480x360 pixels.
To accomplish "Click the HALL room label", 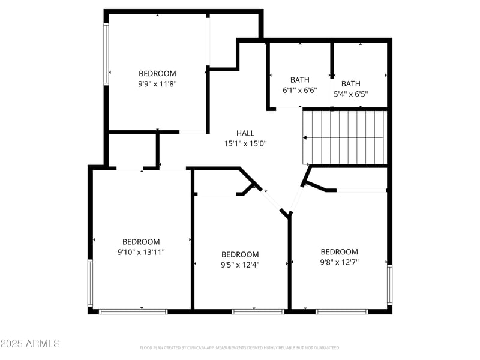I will point(245,133).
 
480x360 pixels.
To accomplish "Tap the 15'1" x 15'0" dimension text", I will point(245,143).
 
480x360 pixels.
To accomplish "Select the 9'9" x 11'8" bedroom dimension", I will point(157,84).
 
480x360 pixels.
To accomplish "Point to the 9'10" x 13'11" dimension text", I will point(141,252).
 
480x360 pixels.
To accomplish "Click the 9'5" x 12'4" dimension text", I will point(240,265).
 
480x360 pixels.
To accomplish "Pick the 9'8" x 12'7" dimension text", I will point(339,262).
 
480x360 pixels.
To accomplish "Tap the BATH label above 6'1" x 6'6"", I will point(300,80).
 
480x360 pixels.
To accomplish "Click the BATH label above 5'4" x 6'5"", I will point(351,84).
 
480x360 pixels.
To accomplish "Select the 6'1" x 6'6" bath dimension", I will point(300,90).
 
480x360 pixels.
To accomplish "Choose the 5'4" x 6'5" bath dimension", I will point(351,94).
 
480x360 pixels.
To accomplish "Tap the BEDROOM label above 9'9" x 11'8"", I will point(157,74).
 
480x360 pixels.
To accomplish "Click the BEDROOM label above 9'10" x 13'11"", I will point(141,242).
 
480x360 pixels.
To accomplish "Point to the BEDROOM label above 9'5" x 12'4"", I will point(240,254).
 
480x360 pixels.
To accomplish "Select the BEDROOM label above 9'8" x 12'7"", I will point(339,251).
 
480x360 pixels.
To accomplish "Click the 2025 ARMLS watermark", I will point(30,344).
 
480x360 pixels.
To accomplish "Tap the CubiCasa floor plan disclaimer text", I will point(240,347).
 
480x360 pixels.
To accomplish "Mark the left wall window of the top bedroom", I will point(107,54).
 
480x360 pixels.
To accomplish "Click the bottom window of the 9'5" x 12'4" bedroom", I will point(258,311).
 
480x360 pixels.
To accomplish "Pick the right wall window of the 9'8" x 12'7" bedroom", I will point(389,285).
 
